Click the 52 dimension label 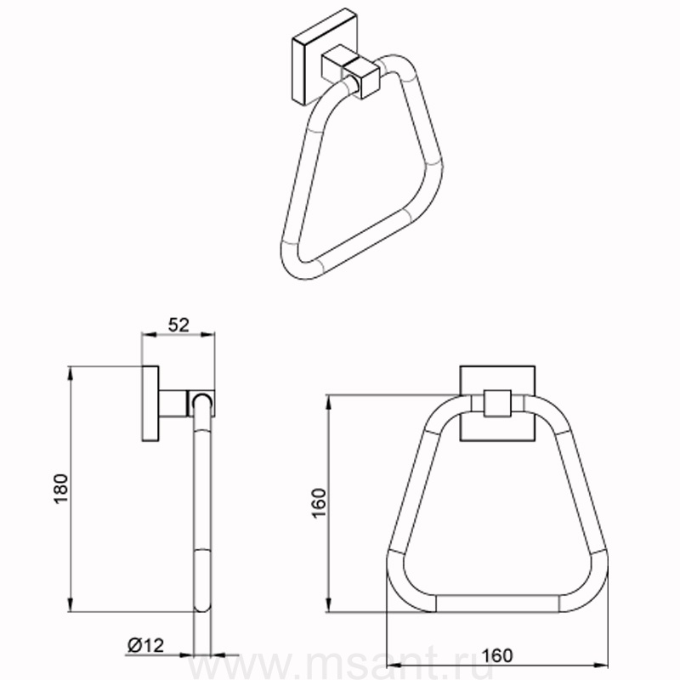[x=178, y=326]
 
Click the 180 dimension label [x=61, y=489]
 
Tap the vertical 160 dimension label [x=318, y=502]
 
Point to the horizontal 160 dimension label [x=497, y=655]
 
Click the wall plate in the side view [x=150, y=404]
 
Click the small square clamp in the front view [x=496, y=404]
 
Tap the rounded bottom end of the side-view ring [x=201, y=606]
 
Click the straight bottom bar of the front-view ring [x=497, y=604]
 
